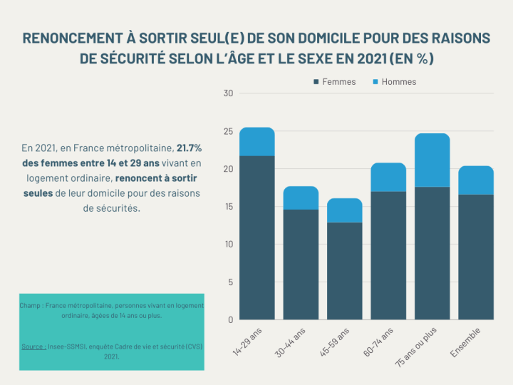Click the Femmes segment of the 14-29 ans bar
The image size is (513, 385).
(256, 237)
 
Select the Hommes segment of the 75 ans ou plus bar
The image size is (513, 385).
(432, 160)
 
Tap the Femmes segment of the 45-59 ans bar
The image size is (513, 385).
(344, 271)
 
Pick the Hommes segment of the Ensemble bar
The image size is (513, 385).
(476, 180)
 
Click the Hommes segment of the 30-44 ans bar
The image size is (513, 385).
(301, 197)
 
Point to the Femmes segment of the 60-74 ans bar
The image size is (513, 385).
(388, 255)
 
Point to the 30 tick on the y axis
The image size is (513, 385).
(228, 93)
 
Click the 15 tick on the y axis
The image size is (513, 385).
(228, 207)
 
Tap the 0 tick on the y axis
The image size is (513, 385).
(230, 319)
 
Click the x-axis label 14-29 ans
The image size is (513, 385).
(249, 342)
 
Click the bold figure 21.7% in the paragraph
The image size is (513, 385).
(189, 148)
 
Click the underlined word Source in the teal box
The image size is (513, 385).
(33, 346)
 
